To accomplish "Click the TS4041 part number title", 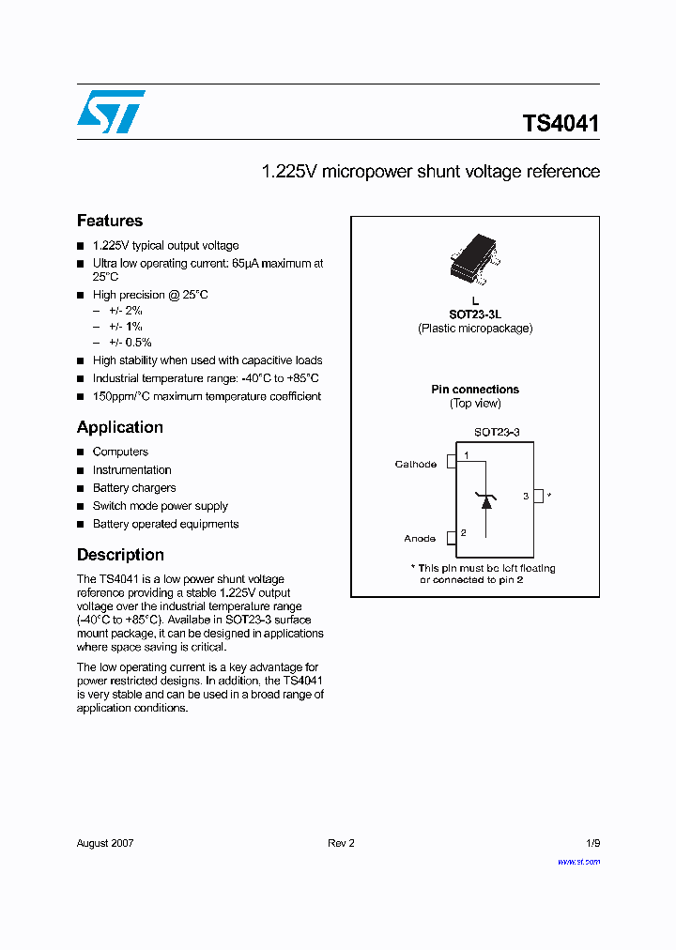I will click(561, 124).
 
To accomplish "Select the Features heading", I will click(110, 221).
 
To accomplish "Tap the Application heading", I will click(120, 427).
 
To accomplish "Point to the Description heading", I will click(120, 555).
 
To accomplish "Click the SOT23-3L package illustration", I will click(475, 263).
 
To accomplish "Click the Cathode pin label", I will click(415, 465).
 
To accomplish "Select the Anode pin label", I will click(420, 539).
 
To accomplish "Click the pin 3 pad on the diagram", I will click(538, 496).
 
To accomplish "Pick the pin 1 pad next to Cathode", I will click(451, 460).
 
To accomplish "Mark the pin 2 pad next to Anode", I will click(451, 536).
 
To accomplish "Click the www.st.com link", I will click(578, 862).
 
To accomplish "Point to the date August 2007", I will click(105, 843).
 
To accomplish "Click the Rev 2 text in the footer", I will click(341, 843).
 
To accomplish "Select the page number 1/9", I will click(591, 843).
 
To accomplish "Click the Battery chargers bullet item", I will click(134, 488).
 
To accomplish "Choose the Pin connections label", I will click(475, 390).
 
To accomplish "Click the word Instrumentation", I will click(132, 470).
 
